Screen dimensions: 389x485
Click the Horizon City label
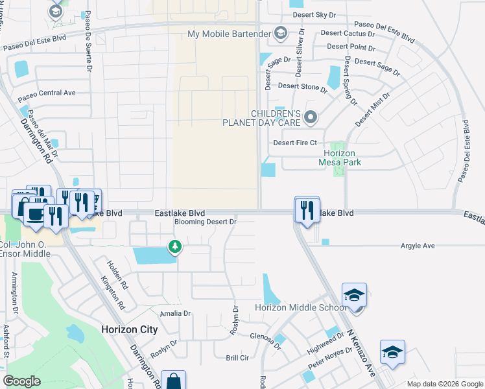pyautogui.click(x=129, y=329)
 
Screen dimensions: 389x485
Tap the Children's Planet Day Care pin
pyautogui.click(x=311, y=117)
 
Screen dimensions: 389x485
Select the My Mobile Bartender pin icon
pyautogui.click(x=281, y=33)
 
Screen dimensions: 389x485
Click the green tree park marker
pyautogui.click(x=174, y=246)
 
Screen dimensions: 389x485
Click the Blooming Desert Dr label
pyautogui.click(x=206, y=222)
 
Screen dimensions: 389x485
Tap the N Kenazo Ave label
pyautogui.click(x=361, y=353)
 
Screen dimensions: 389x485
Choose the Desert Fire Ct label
pyautogui.click(x=294, y=143)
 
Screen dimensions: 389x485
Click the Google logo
pyautogui.click(x=22, y=381)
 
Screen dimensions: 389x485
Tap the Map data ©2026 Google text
pyautogui.click(x=444, y=384)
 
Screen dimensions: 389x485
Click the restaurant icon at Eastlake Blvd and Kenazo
pyautogui.click(x=307, y=209)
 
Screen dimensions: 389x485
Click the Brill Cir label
pyautogui.click(x=237, y=358)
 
